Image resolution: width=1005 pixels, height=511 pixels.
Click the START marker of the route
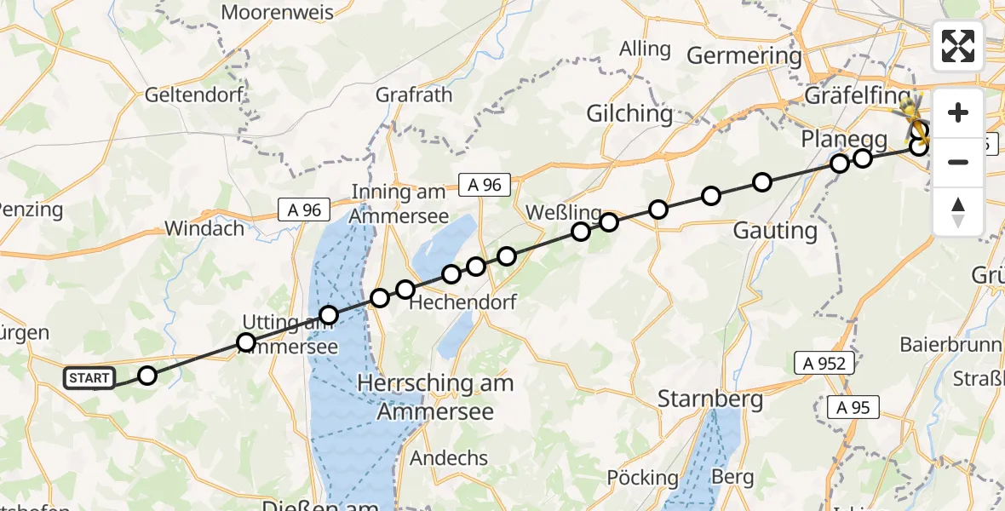(89, 377)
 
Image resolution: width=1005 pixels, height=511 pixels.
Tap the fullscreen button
(958, 46)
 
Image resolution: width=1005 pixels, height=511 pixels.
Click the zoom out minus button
(958, 162)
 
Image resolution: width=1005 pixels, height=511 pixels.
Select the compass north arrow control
(958, 212)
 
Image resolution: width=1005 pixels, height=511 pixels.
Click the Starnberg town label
(709, 398)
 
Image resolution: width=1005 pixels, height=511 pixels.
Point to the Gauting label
(774, 230)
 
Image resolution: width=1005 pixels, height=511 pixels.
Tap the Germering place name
(744, 56)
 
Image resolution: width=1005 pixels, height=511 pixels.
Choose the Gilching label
(629, 113)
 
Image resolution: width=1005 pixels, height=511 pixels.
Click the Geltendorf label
(194, 94)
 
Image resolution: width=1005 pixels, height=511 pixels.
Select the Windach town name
(204, 228)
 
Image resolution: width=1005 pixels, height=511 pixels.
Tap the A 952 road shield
(824, 364)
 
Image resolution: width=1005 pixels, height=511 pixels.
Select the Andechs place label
(449, 458)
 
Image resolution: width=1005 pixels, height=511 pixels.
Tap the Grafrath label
(413, 95)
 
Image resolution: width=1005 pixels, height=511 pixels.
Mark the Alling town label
(645, 49)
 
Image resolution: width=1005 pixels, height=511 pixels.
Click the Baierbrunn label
(943, 345)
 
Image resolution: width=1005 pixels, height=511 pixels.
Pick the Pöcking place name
(643, 478)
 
